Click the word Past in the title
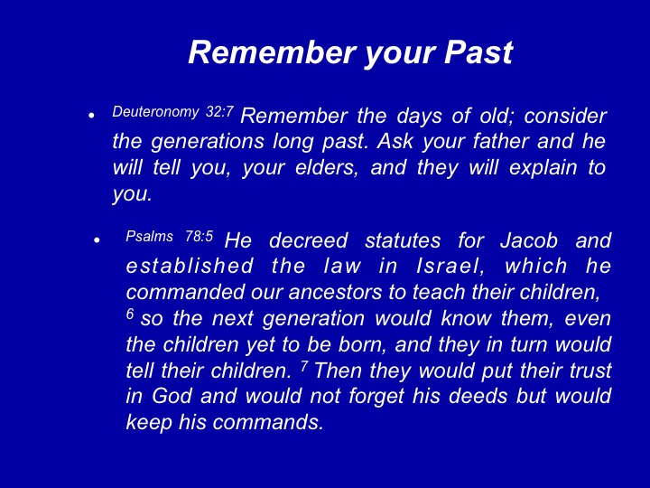tap(478, 52)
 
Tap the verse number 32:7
tap(219, 112)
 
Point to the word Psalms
tap(149, 237)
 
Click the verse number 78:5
tap(199, 236)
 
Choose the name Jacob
tap(529, 240)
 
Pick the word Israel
tap(450, 267)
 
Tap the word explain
tap(543, 168)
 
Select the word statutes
tap(403, 241)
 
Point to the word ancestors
tap(335, 293)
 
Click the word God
tap(172, 396)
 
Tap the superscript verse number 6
tap(130, 314)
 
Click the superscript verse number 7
tap(305, 366)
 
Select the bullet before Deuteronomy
tap(91, 116)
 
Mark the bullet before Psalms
tap(97, 239)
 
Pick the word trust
tap(590, 371)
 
